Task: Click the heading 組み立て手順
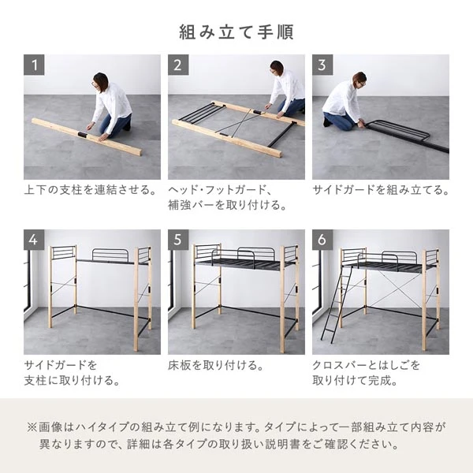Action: [x=236, y=32]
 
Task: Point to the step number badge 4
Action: [x=34, y=240]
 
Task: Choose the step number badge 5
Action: [x=178, y=240]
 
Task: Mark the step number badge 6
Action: [x=322, y=240]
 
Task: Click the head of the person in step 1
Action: [x=100, y=80]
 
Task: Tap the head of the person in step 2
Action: [x=277, y=68]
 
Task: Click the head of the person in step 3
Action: [x=359, y=78]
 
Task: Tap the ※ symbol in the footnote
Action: [x=32, y=427]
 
